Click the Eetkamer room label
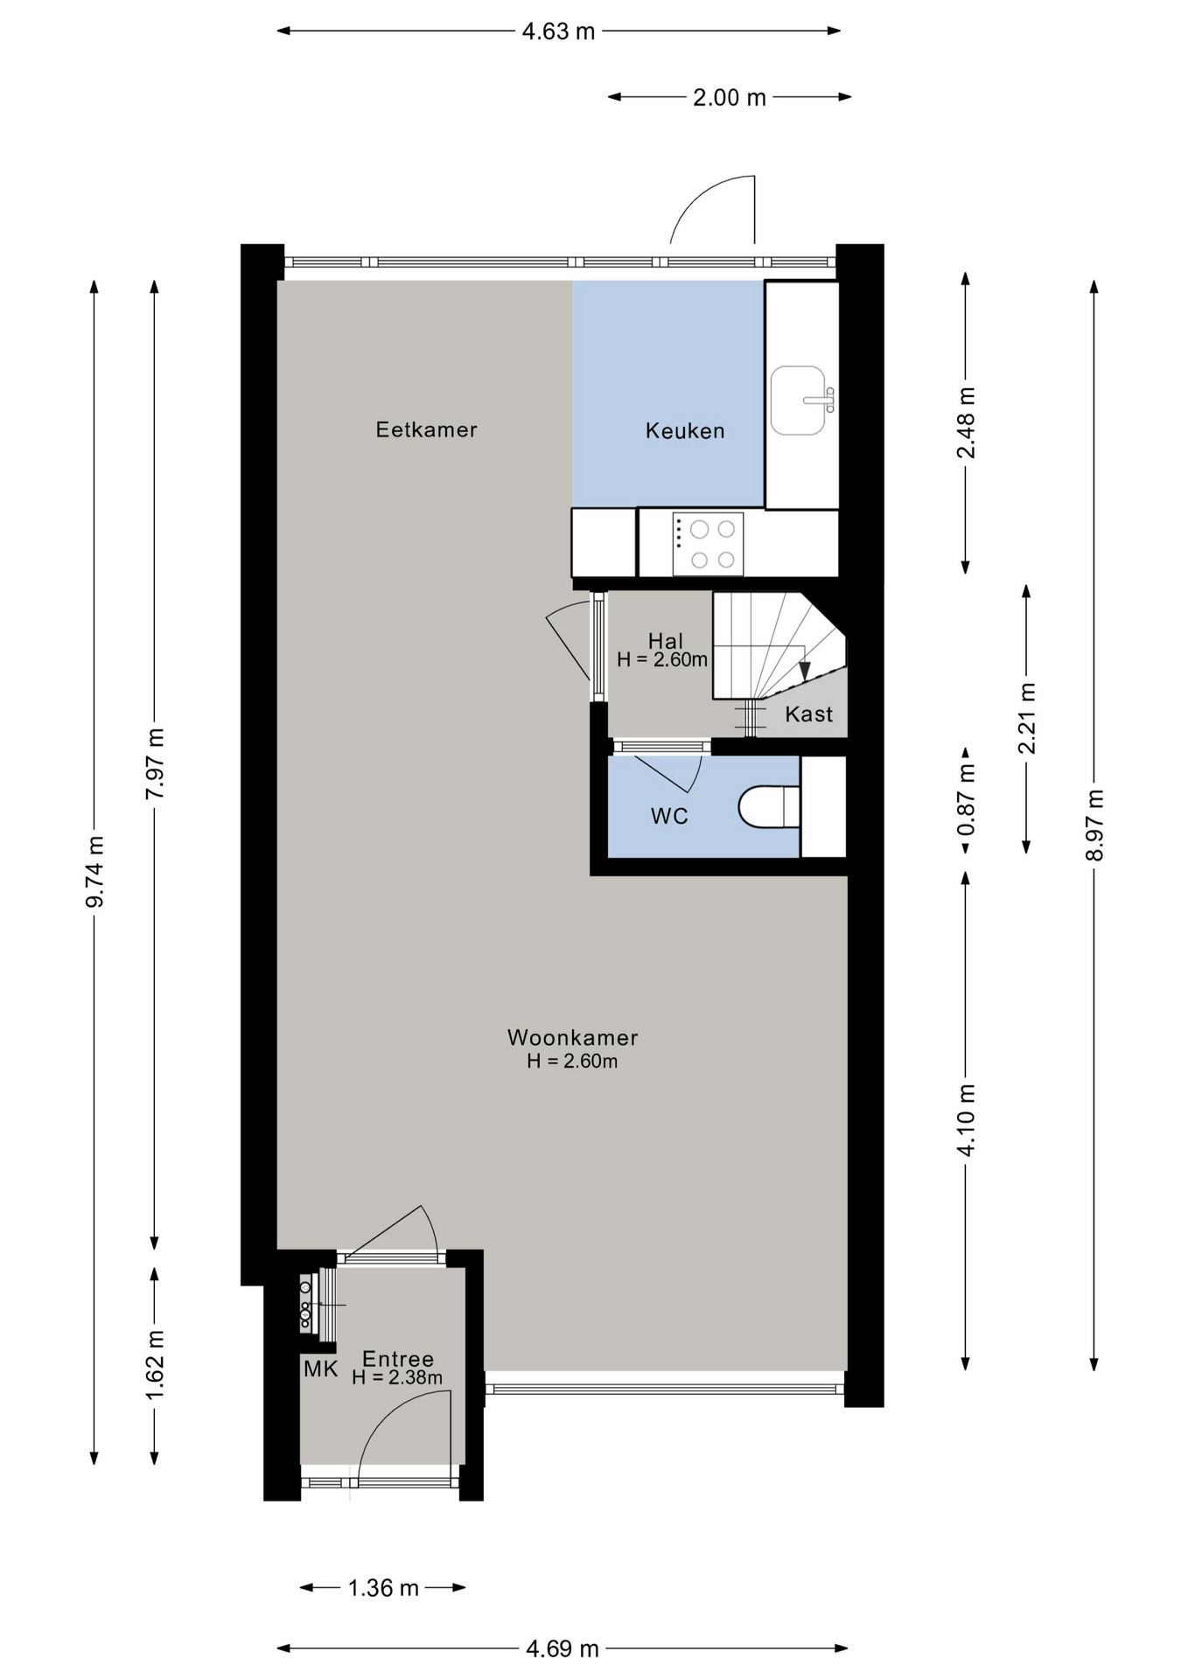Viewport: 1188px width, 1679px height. [426, 429]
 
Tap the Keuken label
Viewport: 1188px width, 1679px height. [685, 430]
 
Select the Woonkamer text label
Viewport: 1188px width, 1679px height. [573, 1037]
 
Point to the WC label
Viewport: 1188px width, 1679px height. [669, 816]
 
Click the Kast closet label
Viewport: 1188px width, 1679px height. [808, 714]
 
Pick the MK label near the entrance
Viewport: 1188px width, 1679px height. [321, 1369]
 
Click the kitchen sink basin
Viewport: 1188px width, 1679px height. [798, 401]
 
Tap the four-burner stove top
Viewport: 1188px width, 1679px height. [708, 544]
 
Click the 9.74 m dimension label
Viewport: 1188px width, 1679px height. [94, 871]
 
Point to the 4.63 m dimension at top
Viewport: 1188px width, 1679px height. [558, 31]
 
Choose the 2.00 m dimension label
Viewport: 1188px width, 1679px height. [730, 97]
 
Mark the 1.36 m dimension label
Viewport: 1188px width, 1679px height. [383, 1587]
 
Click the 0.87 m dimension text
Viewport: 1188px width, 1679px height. [966, 798]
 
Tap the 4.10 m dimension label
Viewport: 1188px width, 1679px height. [966, 1120]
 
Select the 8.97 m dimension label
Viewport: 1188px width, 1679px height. [1094, 825]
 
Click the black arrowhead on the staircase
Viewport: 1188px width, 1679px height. [805, 671]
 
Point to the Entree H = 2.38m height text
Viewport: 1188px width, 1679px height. [397, 1378]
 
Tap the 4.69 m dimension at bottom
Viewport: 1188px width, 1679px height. [562, 1648]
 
